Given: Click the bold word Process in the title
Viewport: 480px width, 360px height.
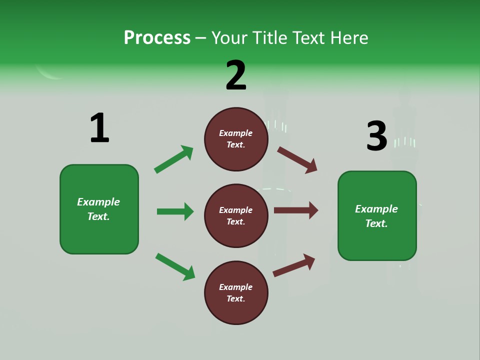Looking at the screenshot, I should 157,37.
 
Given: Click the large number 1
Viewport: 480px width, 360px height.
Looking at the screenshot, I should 99,128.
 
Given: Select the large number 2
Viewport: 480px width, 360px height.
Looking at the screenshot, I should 236,75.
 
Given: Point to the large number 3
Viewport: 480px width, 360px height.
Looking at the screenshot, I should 377,136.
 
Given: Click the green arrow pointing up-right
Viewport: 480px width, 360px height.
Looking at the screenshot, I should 174,159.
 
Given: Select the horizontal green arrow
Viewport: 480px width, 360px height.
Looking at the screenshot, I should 175,211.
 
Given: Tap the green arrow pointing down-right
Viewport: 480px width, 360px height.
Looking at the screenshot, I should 175,266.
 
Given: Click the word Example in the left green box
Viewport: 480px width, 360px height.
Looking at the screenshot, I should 98,202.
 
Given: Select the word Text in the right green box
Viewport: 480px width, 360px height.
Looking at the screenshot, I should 375,223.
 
